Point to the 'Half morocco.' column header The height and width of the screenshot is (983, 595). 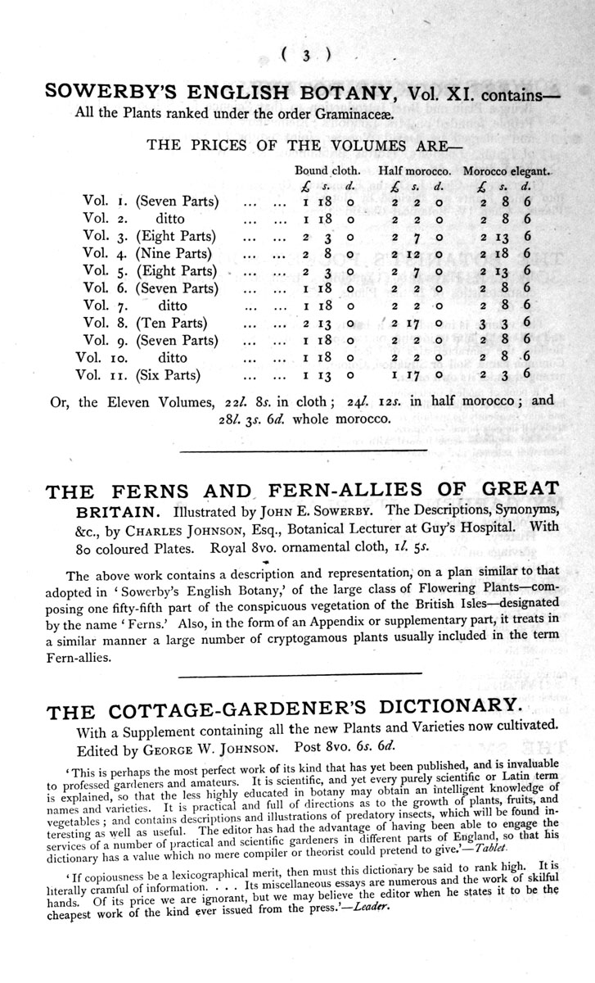[x=415, y=171]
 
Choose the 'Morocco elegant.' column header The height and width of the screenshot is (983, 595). [x=507, y=171]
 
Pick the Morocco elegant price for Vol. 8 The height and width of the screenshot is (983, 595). [x=507, y=323]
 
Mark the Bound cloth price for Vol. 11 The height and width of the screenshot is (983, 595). [x=327, y=375]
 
